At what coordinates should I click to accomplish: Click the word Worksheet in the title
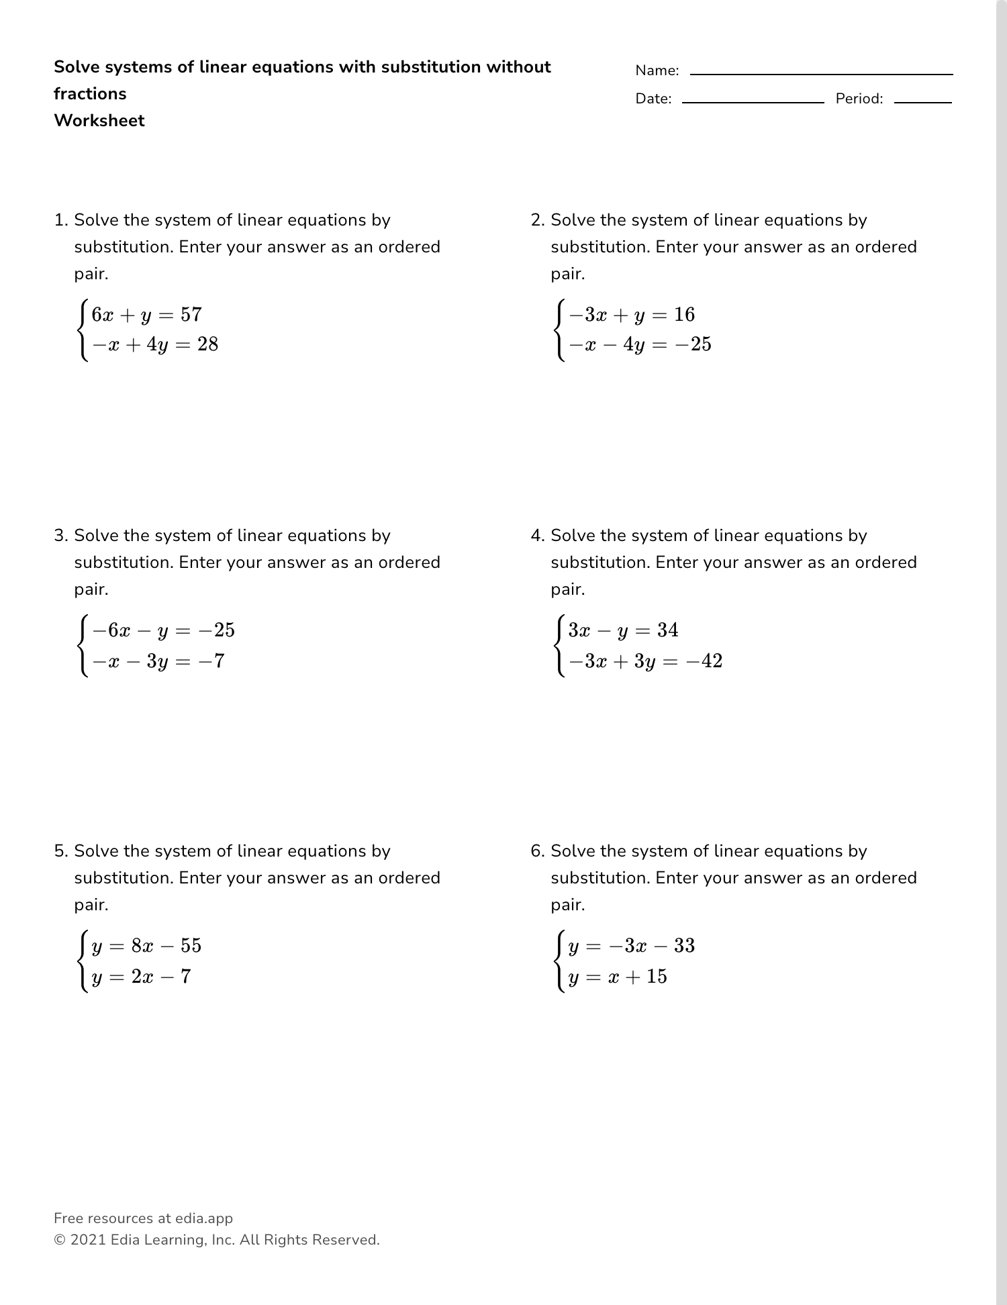click(99, 121)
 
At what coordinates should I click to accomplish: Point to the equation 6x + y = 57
click(146, 315)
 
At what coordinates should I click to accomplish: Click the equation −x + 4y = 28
click(155, 345)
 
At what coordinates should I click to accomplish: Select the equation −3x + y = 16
click(632, 315)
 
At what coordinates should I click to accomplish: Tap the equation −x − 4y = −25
click(640, 345)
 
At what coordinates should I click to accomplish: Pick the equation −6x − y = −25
click(163, 630)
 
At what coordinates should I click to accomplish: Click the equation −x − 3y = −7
click(158, 661)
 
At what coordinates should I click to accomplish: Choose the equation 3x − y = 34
click(623, 630)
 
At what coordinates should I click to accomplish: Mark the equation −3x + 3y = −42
click(645, 661)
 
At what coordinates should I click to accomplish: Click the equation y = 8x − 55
click(146, 946)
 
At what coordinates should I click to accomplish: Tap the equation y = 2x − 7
click(141, 977)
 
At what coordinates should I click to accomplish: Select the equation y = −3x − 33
click(631, 946)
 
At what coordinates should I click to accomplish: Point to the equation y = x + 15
click(618, 977)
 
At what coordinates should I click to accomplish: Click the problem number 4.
click(536, 536)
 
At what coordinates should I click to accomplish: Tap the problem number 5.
click(60, 851)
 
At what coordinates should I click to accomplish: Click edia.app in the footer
click(204, 1218)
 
